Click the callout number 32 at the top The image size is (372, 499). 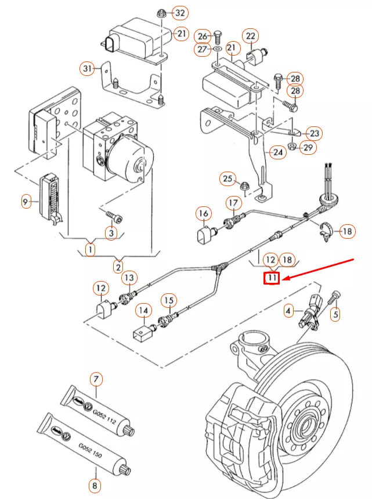(181, 13)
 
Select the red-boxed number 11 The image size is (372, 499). (272, 279)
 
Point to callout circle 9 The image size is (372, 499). (26, 202)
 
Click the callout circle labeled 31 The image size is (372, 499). (87, 69)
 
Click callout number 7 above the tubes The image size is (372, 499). (96, 380)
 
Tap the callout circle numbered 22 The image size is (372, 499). (251, 36)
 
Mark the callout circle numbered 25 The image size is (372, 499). (227, 179)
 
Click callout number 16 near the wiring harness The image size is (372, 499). (203, 214)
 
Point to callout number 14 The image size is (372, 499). (143, 311)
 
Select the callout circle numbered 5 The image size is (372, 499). (334, 314)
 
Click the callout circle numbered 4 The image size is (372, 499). (288, 311)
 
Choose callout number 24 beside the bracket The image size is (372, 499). (277, 152)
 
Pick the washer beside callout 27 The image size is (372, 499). (216, 50)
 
